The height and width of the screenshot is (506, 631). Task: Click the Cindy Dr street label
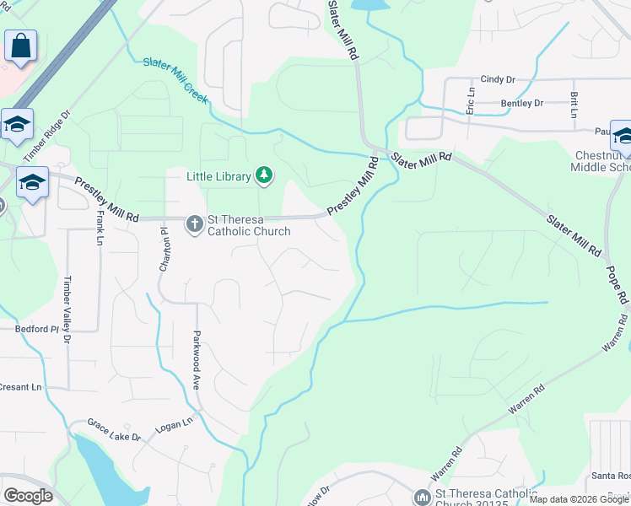coord(498,79)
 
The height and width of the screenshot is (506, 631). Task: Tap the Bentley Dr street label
coord(521,104)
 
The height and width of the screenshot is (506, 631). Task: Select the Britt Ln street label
coord(574,105)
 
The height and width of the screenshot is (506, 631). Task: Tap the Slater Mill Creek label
coord(175,80)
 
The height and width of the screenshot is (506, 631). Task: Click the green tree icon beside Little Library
coord(266,175)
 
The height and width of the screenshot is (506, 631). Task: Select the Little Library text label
coord(218,176)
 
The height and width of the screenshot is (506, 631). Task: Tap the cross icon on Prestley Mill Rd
coord(194,223)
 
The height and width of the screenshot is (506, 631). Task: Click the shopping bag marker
coord(20,46)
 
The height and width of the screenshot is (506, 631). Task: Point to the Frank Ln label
coord(99,229)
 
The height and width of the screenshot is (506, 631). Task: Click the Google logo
coord(28,496)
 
